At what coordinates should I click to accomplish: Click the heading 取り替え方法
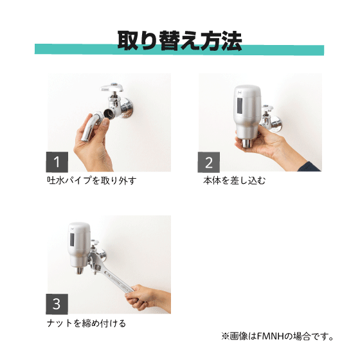click(179, 40)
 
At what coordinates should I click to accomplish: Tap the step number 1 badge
click(57, 162)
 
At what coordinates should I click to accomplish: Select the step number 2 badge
click(209, 162)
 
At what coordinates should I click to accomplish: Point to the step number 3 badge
click(57, 304)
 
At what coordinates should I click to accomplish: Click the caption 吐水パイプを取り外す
click(92, 181)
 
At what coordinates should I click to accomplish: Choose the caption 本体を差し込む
click(235, 181)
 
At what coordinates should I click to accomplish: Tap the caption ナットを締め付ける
click(87, 323)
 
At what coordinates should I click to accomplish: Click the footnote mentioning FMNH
click(277, 337)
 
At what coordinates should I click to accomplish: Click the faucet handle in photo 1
click(113, 87)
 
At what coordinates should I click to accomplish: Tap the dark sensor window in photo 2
click(239, 105)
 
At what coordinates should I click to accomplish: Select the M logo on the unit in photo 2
click(240, 93)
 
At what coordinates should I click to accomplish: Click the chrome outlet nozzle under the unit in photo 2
click(246, 143)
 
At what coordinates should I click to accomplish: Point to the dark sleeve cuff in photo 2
click(309, 167)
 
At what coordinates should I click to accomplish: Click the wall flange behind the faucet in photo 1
click(126, 108)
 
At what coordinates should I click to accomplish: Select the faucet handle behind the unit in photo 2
click(267, 107)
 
